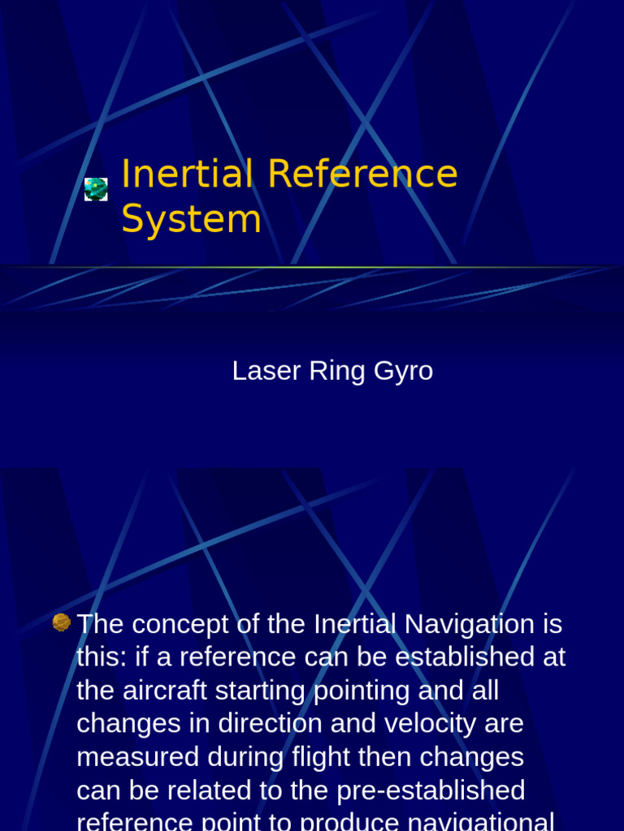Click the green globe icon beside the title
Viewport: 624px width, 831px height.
[x=96, y=189]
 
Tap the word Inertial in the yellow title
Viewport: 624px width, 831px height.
[x=187, y=174]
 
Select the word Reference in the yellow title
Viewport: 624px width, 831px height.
[x=362, y=174]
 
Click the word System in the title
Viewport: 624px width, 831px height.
[x=191, y=219]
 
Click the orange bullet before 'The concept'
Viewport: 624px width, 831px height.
[x=62, y=622]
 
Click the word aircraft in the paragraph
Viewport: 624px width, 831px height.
[x=175, y=691]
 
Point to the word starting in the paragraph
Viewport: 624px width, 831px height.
[x=276, y=692]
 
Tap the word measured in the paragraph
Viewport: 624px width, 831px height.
[x=138, y=757]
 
